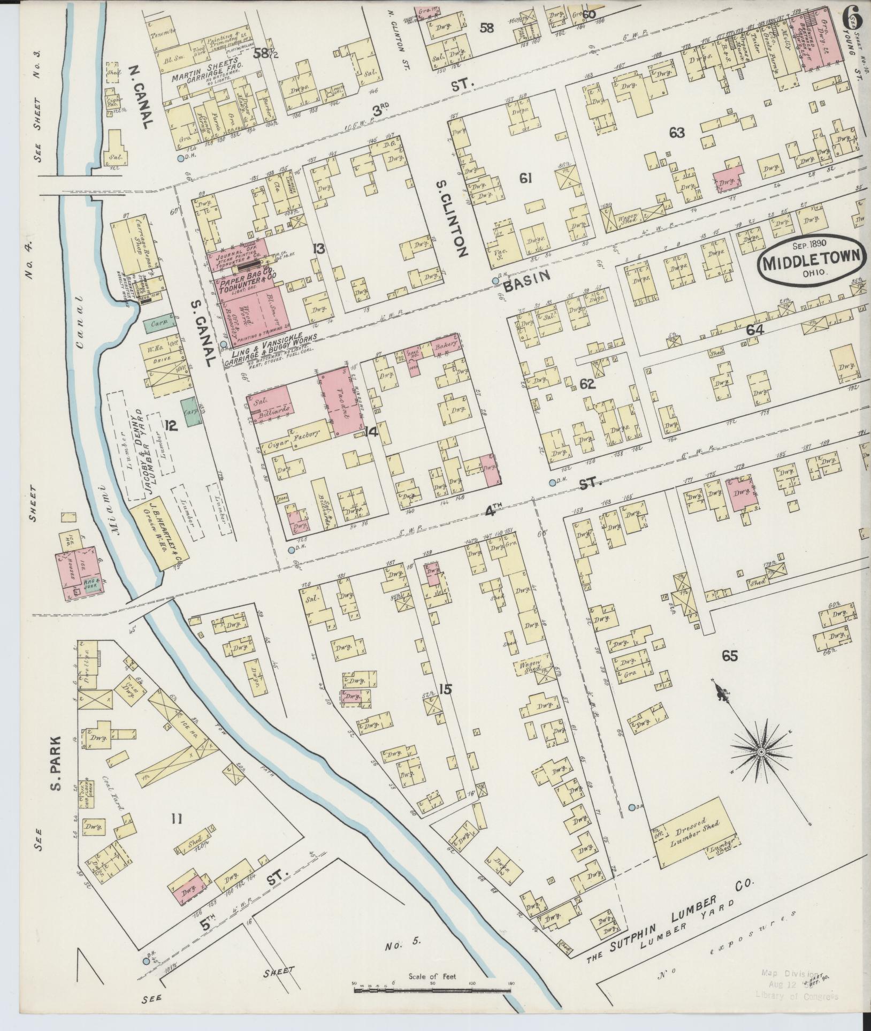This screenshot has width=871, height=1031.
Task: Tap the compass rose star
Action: pyautogui.click(x=760, y=752)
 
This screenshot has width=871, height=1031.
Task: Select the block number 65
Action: pyautogui.click(x=730, y=656)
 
